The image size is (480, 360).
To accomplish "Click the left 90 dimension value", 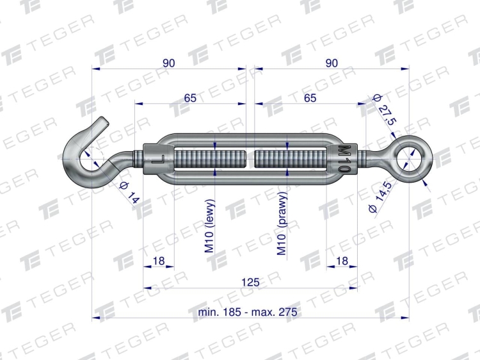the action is [x=169, y=63].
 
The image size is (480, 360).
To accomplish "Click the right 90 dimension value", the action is [x=332, y=63].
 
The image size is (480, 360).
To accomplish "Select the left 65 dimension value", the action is [x=190, y=98].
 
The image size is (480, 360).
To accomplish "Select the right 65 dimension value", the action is [x=310, y=98].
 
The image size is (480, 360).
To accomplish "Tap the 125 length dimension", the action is [x=250, y=282].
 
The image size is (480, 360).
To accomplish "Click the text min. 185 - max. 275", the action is [x=248, y=312].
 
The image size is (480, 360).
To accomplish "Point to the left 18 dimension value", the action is [x=159, y=261].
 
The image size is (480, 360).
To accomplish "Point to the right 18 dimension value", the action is [x=342, y=261].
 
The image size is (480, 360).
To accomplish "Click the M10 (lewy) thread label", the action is [x=210, y=226].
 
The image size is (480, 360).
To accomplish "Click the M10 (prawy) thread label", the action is [x=282, y=224].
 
